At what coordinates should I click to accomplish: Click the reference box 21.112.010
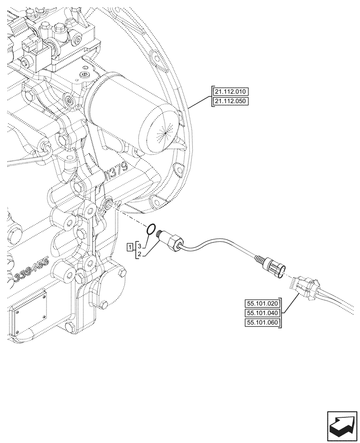(x=231, y=92)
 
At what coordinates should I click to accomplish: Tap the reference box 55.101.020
(x=262, y=303)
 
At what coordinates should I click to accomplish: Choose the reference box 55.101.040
(x=262, y=313)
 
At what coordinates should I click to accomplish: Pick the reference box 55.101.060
(x=262, y=322)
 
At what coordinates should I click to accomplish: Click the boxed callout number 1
(x=129, y=246)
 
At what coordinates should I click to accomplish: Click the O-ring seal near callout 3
(x=151, y=229)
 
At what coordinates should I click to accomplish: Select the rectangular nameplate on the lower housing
(x=31, y=312)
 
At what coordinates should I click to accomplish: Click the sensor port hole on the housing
(x=108, y=203)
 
